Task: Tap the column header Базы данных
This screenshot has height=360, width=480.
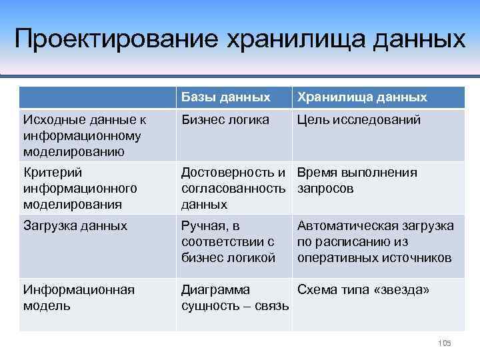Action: coord(226,97)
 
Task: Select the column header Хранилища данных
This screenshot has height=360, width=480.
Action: coord(362,97)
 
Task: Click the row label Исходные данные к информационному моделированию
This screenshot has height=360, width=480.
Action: coord(83,135)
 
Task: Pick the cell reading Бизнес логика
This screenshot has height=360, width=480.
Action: coord(225,120)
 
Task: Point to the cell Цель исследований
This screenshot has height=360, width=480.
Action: coord(359,120)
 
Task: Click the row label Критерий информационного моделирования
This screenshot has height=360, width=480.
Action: coord(80,188)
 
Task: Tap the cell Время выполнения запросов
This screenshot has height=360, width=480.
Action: coord(357,181)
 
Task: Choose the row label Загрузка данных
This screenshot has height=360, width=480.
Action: coord(75,226)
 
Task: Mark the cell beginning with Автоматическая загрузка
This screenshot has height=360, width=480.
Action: coord(375,241)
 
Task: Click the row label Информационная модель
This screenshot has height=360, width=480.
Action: coord(79,297)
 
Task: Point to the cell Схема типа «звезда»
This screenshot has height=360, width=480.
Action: coord(363,290)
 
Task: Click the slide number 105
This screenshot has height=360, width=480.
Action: coord(444,343)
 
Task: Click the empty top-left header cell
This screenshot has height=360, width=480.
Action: coord(97,97)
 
